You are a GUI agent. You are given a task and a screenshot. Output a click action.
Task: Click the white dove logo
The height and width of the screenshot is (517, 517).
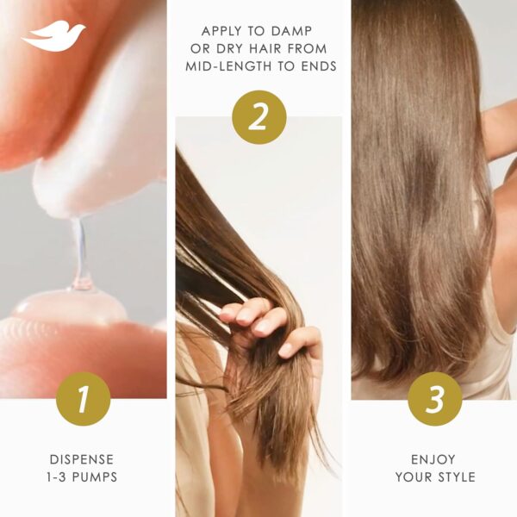pos(53,36)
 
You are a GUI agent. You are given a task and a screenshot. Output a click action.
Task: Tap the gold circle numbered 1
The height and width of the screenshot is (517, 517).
pos(83,399)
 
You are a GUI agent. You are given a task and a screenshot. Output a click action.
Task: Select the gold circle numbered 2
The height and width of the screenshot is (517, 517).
pos(258,116)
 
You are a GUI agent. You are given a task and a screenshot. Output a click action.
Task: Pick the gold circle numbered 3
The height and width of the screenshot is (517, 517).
pos(434,399)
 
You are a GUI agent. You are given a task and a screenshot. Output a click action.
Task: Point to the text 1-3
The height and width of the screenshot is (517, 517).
pos(60,477)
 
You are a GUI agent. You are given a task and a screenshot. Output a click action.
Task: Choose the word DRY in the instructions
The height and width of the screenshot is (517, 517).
pos(239,48)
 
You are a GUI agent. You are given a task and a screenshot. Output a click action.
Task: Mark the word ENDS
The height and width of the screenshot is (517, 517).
pos(314,66)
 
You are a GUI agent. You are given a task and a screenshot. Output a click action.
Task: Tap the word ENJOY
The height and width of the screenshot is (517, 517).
pos(434,459)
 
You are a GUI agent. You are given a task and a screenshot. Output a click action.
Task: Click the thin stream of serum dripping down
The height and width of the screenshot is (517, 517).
pos(78,250)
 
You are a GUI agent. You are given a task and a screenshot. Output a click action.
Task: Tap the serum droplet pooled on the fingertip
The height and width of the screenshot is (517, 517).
pos(65,306)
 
